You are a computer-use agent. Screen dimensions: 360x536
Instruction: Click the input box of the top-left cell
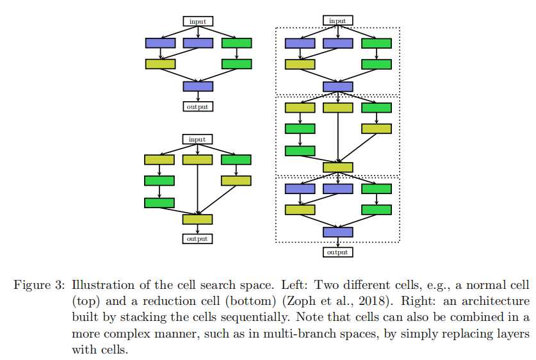(x=198, y=21)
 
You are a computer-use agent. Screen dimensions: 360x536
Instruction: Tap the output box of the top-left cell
(x=198, y=106)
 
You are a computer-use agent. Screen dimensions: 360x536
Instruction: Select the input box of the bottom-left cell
(x=197, y=139)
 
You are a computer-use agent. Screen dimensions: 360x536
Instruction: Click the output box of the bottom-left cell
(x=197, y=238)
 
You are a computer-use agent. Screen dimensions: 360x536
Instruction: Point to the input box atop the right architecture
(x=337, y=21)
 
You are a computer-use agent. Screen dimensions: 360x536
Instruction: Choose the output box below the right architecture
(x=337, y=252)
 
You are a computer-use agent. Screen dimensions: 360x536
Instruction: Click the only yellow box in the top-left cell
(x=160, y=64)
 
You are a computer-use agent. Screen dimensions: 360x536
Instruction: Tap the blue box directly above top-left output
(x=198, y=86)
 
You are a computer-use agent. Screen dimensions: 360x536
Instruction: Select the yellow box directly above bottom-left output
(x=197, y=219)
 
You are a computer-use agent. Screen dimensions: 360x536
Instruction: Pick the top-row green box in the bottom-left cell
(x=236, y=160)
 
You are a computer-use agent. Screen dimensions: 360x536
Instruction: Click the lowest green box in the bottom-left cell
(x=159, y=202)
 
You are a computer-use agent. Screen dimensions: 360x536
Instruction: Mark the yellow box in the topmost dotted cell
(x=300, y=64)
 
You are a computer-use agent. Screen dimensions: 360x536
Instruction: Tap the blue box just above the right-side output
(x=337, y=232)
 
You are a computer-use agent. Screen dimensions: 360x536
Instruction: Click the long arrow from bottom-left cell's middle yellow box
(x=197, y=189)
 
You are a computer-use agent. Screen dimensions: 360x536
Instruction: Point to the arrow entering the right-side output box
(x=337, y=242)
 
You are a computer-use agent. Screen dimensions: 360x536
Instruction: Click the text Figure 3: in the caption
(x=39, y=284)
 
